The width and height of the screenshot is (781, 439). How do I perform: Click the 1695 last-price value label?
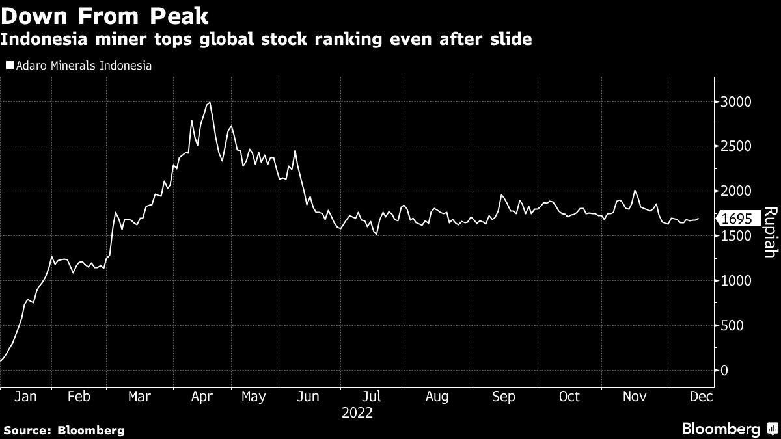[x=737, y=219]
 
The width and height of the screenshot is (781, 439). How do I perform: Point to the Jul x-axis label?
[x=371, y=396]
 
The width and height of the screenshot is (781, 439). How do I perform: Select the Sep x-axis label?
[x=503, y=396]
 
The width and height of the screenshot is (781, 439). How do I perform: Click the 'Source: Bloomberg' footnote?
[x=64, y=430]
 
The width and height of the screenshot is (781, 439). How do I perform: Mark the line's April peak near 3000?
[x=209, y=103]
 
